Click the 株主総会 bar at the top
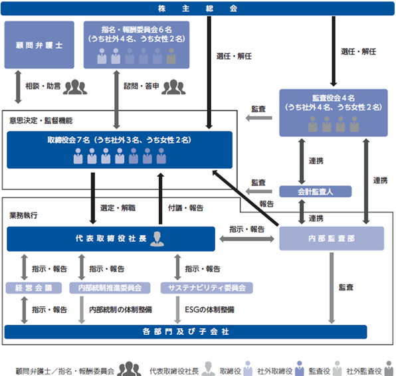click(x=197, y=9)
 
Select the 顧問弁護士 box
click(x=39, y=45)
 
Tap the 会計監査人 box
click(x=315, y=191)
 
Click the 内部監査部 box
click(x=332, y=238)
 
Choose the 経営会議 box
click(x=34, y=288)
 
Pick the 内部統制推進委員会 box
click(x=110, y=288)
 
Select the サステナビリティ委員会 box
click(x=207, y=288)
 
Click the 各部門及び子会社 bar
click(x=185, y=331)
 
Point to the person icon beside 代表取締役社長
click(x=157, y=238)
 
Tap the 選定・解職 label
click(x=118, y=208)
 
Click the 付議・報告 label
click(x=185, y=208)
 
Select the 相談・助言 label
click(x=43, y=86)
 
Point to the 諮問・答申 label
click(x=141, y=86)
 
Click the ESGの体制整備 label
click(x=209, y=310)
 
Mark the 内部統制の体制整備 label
click(x=120, y=310)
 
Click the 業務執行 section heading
click(x=23, y=215)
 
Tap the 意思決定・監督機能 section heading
click(x=41, y=121)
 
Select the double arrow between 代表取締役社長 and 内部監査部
click(x=247, y=238)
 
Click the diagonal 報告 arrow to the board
click(x=245, y=197)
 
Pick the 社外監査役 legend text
click(x=364, y=371)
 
